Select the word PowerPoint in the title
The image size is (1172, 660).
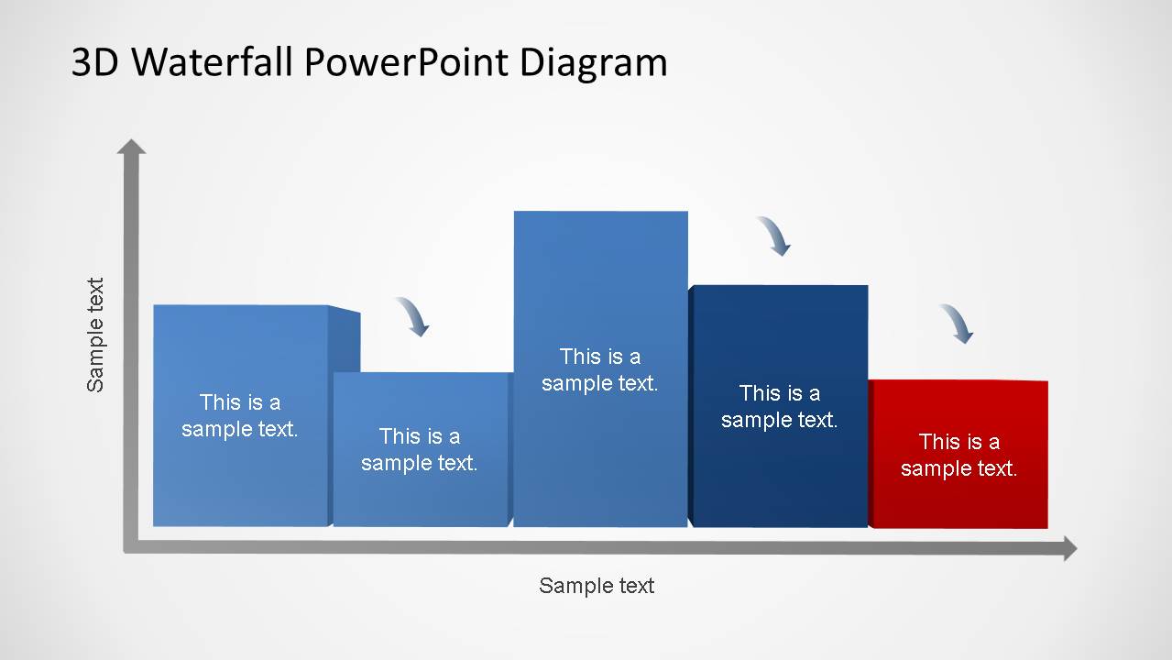click(x=407, y=62)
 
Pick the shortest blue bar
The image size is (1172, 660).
click(x=420, y=495)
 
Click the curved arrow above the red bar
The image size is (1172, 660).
click(x=958, y=324)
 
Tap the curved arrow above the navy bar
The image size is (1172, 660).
click(x=775, y=236)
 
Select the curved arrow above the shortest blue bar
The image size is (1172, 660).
click(x=413, y=316)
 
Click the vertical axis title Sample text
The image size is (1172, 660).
click(x=95, y=335)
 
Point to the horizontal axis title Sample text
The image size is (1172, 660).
click(x=597, y=586)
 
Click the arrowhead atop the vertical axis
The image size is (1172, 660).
click(x=132, y=147)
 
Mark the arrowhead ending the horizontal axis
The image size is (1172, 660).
click(x=1068, y=549)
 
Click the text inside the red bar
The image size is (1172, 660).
click(x=958, y=455)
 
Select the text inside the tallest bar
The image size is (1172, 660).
click(x=600, y=369)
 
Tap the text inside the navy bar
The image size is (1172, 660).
click(x=779, y=406)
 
